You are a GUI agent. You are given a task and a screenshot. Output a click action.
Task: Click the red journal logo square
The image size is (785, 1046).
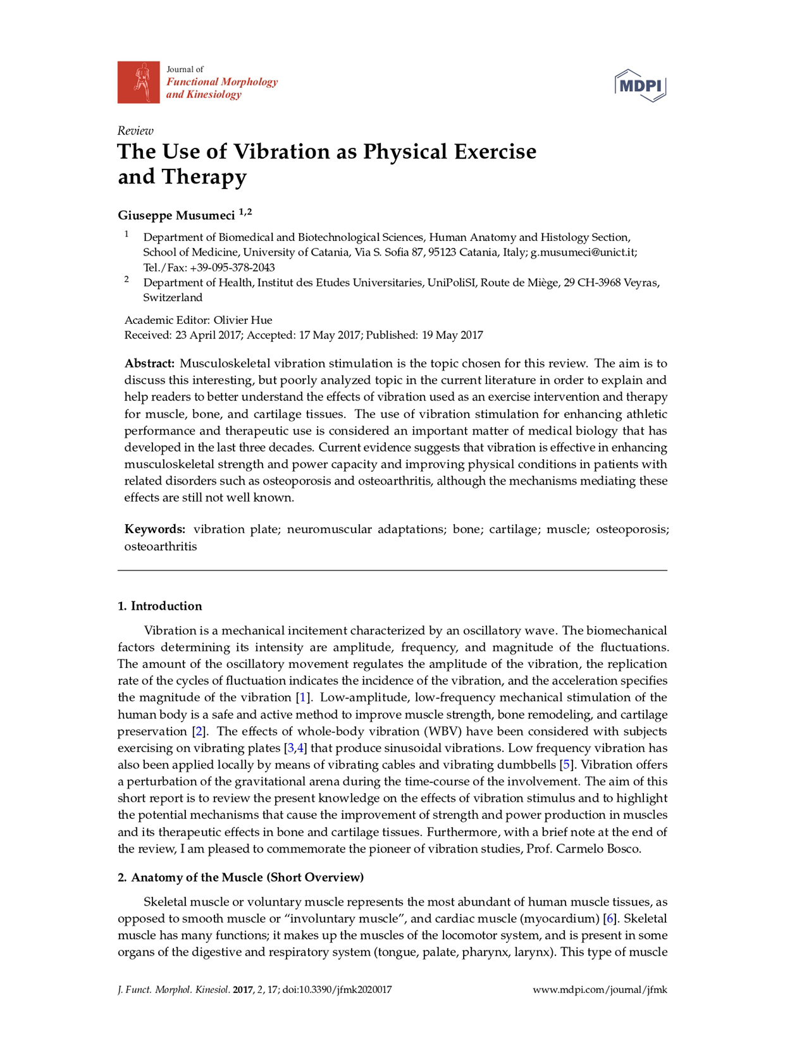pos(138,82)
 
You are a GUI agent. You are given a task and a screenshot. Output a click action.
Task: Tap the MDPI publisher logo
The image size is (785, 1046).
pos(640,85)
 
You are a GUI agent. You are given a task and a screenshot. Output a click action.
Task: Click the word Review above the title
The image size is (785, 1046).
pos(135,131)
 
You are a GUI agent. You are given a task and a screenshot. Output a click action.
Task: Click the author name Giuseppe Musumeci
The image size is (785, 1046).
pos(176,216)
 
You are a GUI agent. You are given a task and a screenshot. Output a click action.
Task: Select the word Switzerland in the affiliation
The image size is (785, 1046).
pos(173,298)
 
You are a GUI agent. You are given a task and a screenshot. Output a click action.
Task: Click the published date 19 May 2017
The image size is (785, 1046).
pos(452,335)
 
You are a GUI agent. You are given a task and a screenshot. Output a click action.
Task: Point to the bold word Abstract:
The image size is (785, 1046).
pos(149,364)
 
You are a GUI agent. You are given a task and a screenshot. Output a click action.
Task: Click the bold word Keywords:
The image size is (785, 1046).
pos(154,529)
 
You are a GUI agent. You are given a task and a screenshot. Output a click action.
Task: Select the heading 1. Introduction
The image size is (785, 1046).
pos(160,606)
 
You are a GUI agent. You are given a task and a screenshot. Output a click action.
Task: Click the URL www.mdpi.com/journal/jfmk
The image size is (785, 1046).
pos(600,990)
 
